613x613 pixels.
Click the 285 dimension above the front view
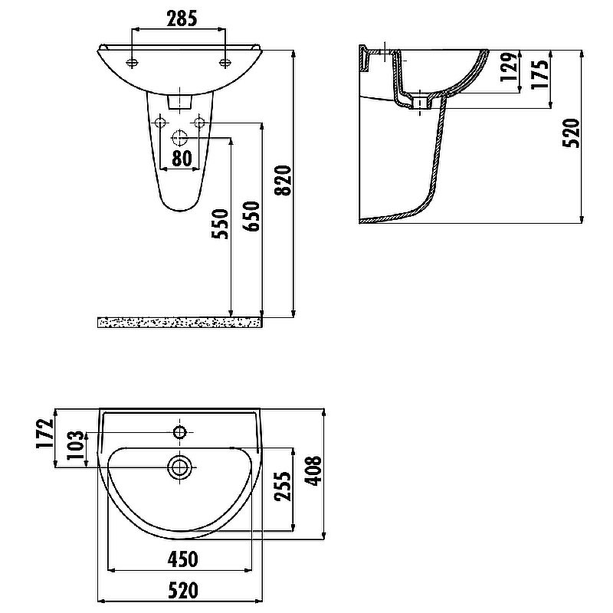pos(179,16)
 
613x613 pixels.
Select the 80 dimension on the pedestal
pos(181,158)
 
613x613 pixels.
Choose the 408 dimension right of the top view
pos(315,474)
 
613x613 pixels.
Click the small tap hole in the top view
pos(180,433)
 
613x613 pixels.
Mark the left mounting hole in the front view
pos(133,62)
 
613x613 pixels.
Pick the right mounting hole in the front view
pos(225,62)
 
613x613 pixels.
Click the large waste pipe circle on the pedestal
pos(180,139)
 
